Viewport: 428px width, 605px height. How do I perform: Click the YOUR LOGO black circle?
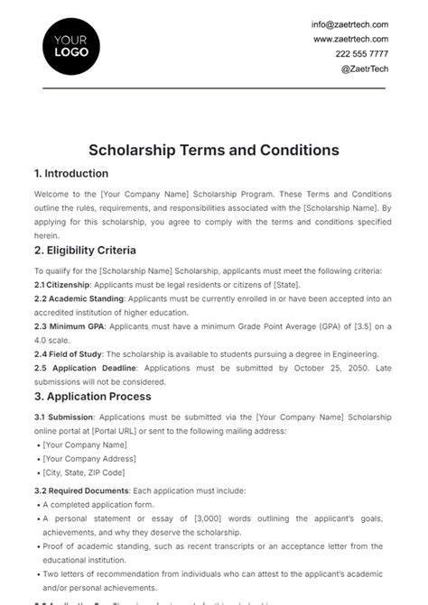(x=71, y=45)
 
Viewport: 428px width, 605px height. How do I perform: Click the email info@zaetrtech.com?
(x=350, y=24)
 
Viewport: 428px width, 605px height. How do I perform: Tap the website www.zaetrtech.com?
(x=350, y=39)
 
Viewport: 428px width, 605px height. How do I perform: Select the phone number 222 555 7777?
(x=361, y=54)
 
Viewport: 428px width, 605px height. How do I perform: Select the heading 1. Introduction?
(x=70, y=173)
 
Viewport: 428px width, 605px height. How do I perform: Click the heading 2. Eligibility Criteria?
(x=85, y=250)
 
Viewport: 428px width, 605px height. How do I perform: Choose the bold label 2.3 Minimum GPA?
(x=71, y=326)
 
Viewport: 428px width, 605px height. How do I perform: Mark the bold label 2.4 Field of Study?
(x=70, y=354)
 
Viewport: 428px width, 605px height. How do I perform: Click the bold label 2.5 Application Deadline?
(x=87, y=369)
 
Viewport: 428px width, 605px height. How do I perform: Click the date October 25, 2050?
(x=320, y=369)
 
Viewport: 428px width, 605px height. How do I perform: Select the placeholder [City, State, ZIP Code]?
(x=85, y=472)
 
